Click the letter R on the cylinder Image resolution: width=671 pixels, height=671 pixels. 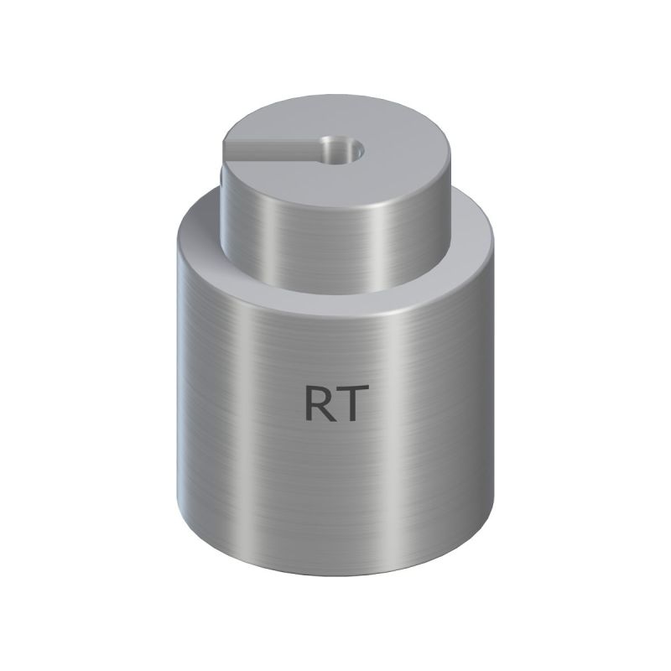pyautogui.click(x=318, y=403)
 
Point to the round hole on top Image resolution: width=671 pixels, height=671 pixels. pyautogui.click(x=343, y=151)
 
